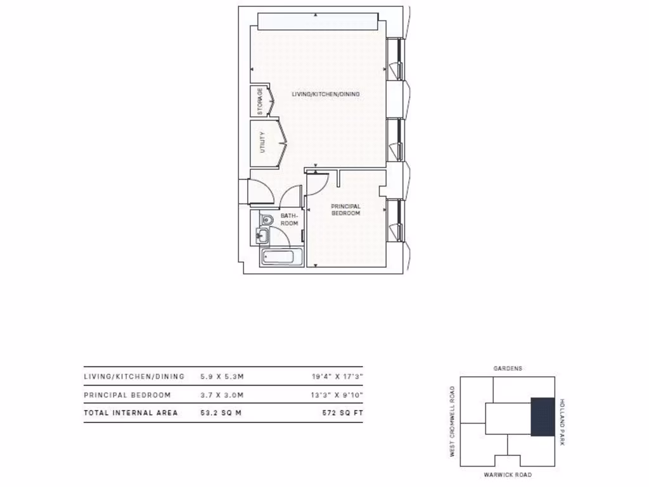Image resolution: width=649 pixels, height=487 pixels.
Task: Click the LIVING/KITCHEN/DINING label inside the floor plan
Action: [x=325, y=94]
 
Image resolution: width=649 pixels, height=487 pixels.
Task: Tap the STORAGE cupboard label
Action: [x=260, y=101]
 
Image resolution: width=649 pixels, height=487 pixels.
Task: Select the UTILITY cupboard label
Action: [x=262, y=143]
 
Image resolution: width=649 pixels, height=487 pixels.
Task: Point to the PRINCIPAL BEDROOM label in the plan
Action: [x=346, y=210]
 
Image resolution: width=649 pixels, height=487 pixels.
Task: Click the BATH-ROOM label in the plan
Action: [x=289, y=219]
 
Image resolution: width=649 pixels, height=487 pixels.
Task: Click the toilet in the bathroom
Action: [x=267, y=219]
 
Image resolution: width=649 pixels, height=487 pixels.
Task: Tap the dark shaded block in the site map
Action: [x=543, y=417]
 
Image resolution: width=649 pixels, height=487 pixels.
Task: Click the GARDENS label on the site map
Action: [x=508, y=368]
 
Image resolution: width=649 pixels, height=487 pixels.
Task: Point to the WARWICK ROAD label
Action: [x=508, y=475]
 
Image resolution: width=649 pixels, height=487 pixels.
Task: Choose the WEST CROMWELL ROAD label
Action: [x=452, y=422]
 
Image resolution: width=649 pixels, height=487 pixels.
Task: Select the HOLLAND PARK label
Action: [x=562, y=422]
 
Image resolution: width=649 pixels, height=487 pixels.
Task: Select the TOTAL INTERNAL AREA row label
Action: [x=131, y=413]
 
